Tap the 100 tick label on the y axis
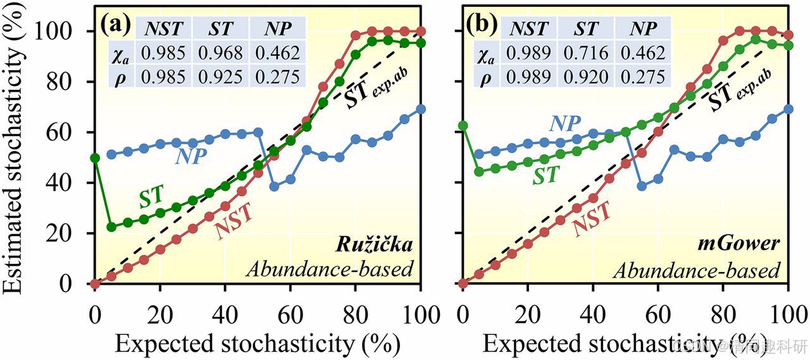(65, 31)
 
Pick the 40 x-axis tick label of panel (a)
(225, 311)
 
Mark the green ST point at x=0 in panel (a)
(96, 158)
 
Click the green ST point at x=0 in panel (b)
(463, 125)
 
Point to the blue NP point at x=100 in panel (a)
(421, 109)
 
